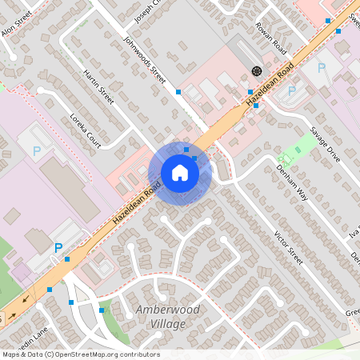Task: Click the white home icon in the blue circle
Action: pyautogui.click(x=180, y=173)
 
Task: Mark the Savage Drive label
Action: pyautogui.click(x=326, y=145)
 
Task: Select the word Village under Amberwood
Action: pyautogui.click(x=167, y=324)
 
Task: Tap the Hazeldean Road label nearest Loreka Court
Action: pyautogui.click(x=137, y=201)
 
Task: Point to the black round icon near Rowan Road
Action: pyautogui.click(x=256, y=70)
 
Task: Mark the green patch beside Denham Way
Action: pyautogui.click(x=304, y=145)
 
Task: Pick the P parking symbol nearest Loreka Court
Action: pyautogui.click(x=36, y=150)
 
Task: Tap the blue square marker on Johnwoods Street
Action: pyautogui.click(x=178, y=92)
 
